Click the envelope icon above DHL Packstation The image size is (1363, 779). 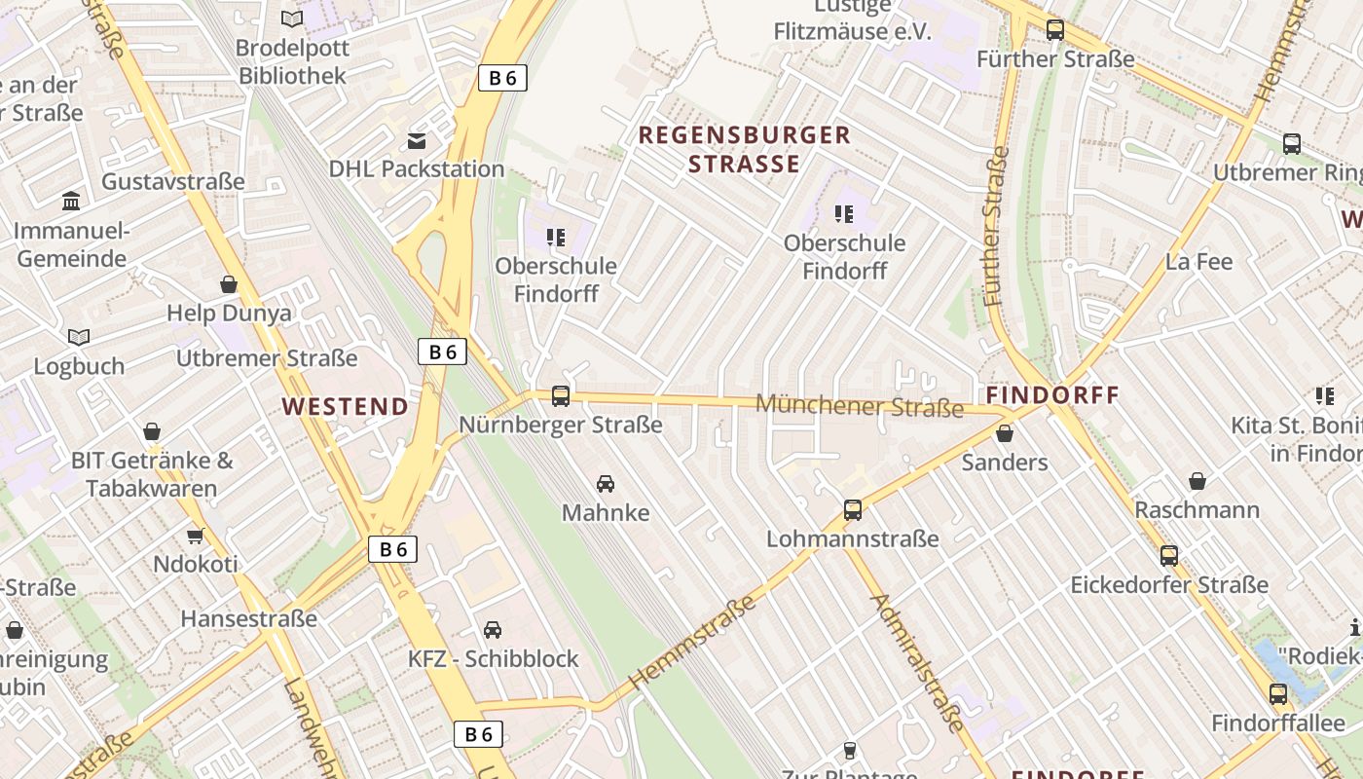click(x=417, y=141)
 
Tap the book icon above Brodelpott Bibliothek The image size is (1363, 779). click(x=291, y=19)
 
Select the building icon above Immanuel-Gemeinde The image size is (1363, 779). click(x=71, y=202)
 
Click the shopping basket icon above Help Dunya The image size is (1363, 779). click(x=229, y=284)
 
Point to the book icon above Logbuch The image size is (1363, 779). click(x=79, y=337)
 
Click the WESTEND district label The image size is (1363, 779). click(x=346, y=407)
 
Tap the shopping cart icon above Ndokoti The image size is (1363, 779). click(x=195, y=536)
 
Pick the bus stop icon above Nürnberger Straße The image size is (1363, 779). click(x=561, y=396)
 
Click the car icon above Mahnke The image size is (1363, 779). click(x=606, y=484)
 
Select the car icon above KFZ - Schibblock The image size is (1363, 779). click(x=493, y=630)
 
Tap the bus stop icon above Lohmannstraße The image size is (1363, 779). click(x=853, y=510)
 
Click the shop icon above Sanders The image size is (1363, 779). click(x=1005, y=433)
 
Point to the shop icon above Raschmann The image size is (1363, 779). click(x=1197, y=481)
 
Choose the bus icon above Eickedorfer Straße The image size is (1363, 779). click(x=1169, y=556)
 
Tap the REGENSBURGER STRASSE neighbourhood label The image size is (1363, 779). click(x=745, y=149)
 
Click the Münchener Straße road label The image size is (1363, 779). click(x=859, y=405)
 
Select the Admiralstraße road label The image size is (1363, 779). click(x=919, y=662)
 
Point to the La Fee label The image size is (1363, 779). click(x=1198, y=262)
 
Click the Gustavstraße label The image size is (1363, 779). click(x=173, y=182)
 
